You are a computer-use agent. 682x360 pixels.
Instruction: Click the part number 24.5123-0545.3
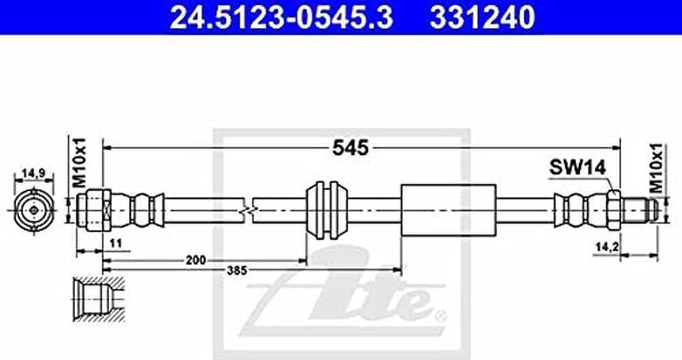[x=281, y=18]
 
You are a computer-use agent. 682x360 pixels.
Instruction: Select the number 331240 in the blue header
[x=482, y=18]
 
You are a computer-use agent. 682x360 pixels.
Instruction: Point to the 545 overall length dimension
[x=350, y=148]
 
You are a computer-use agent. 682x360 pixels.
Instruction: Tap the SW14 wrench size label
[x=577, y=167]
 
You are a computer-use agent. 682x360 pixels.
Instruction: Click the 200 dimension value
[x=196, y=260]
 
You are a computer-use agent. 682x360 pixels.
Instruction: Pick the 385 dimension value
[x=237, y=271]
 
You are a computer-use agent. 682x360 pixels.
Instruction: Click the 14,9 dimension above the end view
[x=34, y=173]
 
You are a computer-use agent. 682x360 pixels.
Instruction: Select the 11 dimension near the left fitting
[x=115, y=243]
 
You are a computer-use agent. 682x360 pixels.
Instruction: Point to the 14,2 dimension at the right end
[x=607, y=247]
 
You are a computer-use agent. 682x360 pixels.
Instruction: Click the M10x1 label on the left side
[x=79, y=162]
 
